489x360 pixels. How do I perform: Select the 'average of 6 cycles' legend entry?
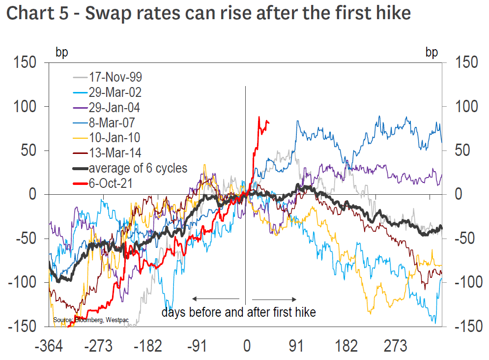point(138,168)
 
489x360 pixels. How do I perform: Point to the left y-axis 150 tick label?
point(25,63)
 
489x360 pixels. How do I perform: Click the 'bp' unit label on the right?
point(431,53)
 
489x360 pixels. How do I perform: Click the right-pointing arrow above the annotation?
point(274,299)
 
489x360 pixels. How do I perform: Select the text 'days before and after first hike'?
point(239,312)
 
